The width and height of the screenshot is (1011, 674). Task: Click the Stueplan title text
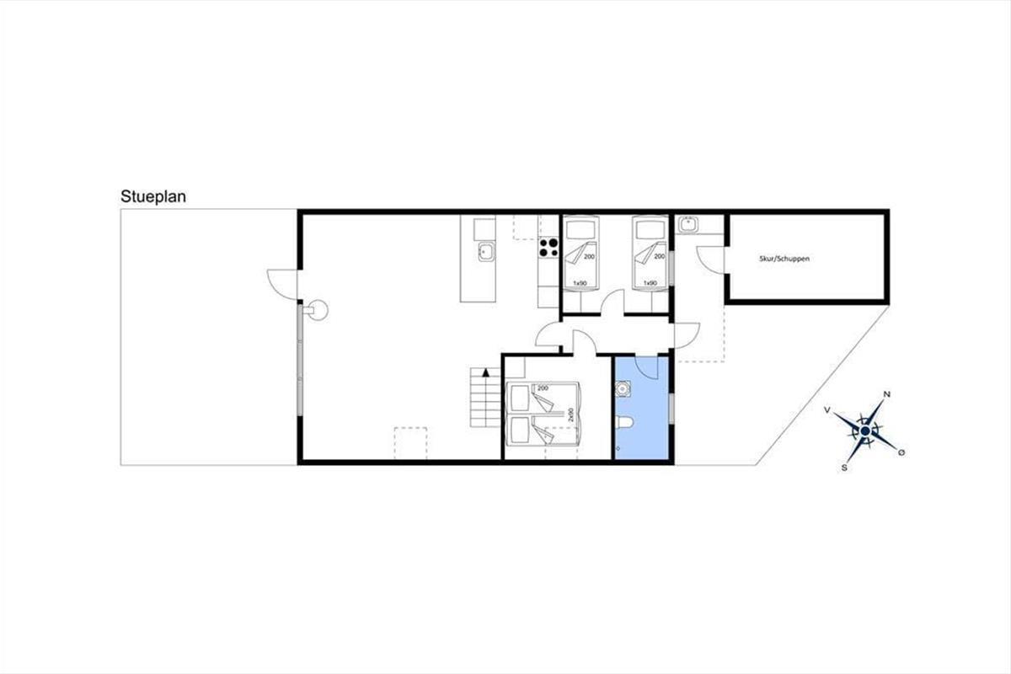(153, 197)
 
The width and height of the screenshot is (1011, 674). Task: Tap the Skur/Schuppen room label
(784, 259)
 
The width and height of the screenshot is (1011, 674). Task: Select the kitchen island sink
(487, 252)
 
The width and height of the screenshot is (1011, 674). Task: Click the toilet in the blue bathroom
(624, 422)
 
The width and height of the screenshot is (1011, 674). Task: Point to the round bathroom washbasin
(623, 388)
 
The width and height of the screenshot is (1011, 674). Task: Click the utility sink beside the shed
(687, 224)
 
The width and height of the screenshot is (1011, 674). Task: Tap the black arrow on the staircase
(485, 372)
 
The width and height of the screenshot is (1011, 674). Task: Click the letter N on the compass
(887, 394)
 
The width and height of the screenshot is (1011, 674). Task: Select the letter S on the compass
(844, 468)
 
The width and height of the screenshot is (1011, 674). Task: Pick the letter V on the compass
(826, 410)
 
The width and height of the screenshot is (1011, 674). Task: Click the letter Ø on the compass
(901, 452)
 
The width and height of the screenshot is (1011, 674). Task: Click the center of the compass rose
(864, 431)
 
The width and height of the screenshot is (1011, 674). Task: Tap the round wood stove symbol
(318, 310)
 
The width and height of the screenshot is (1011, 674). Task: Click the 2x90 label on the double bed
(570, 415)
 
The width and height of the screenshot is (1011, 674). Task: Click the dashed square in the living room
(410, 443)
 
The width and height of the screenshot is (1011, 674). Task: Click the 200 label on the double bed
(543, 388)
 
